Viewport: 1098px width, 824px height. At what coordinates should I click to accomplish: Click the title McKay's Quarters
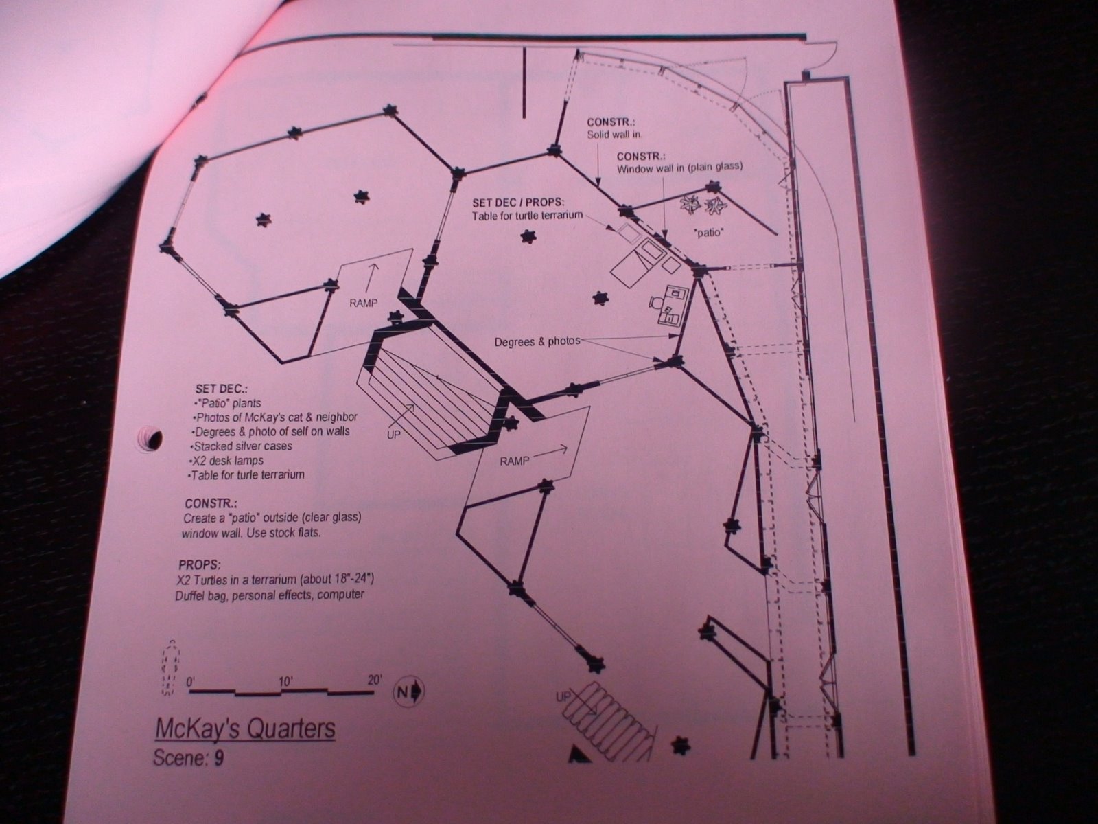(245, 729)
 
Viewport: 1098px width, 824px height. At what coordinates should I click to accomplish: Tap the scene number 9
(219, 759)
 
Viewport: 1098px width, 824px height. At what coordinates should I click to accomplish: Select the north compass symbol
(409, 692)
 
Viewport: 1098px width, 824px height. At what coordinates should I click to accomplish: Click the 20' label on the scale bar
(375, 680)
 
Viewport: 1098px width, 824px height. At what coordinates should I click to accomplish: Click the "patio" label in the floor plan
(710, 232)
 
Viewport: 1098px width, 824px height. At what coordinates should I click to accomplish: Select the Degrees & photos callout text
(537, 342)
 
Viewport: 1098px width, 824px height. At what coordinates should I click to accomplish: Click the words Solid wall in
(615, 134)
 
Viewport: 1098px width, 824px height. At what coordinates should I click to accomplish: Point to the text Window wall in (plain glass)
(679, 168)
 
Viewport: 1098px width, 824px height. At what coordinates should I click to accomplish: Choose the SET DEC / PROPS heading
(518, 203)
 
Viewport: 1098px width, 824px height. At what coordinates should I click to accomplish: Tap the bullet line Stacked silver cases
(241, 446)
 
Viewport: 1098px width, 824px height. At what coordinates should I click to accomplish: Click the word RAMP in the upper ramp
(364, 304)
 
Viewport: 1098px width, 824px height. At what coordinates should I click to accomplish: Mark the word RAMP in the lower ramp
(515, 461)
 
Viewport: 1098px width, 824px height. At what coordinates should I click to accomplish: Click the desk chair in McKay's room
(656, 302)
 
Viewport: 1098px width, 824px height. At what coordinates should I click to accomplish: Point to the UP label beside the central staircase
(394, 435)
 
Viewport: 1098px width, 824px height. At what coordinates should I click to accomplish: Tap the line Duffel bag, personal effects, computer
(270, 595)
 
